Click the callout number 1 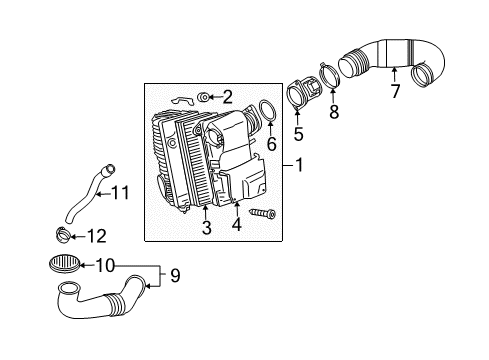[299, 165]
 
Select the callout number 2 [227, 97]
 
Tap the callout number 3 [207, 227]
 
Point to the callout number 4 [236, 224]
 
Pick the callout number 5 [298, 134]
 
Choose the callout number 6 [272, 144]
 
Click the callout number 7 [395, 91]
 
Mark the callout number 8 [334, 111]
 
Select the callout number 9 [175, 276]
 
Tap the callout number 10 [105, 265]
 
